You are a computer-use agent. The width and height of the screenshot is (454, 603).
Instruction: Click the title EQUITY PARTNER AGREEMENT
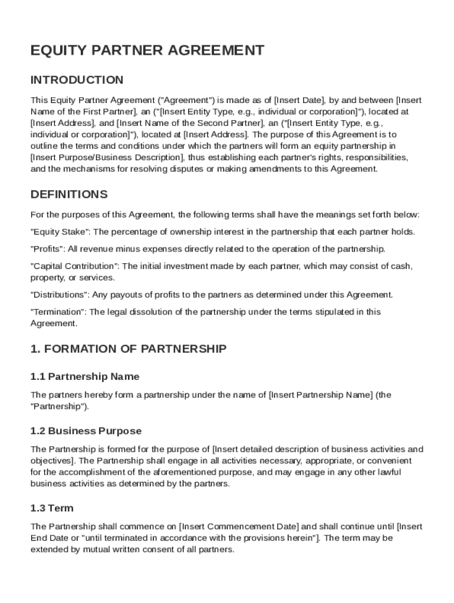tap(147, 51)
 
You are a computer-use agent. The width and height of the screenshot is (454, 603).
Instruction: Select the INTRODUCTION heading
tap(77, 80)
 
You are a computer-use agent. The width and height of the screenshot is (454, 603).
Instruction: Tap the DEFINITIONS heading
tap(69, 194)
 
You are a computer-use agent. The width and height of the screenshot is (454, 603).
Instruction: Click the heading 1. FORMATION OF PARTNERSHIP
tap(128, 349)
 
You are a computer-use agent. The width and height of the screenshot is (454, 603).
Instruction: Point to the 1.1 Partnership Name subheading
tap(85, 376)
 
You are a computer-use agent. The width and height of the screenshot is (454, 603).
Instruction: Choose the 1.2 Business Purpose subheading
tap(86, 431)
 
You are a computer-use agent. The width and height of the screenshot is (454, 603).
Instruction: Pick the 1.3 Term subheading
tap(52, 508)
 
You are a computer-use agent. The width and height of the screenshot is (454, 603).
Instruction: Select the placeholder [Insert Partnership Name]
tap(321, 395)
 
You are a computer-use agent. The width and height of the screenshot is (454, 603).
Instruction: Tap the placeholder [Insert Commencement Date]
tap(239, 526)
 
